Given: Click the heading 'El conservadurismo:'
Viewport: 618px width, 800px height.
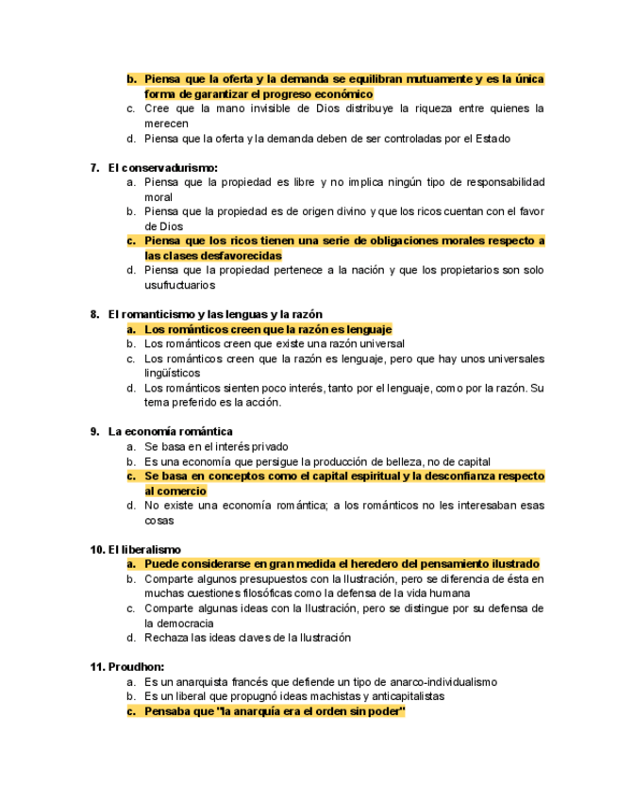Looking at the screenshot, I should tap(162, 167).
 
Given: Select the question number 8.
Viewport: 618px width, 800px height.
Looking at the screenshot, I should tap(94, 314).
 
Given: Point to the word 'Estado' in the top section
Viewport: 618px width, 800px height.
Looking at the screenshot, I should tap(489, 139).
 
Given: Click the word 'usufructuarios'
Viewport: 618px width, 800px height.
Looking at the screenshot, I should tap(179, 285).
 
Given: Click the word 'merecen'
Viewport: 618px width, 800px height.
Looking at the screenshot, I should tap(166, 124).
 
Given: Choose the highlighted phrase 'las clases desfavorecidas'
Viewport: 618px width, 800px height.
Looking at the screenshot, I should tap(212, 256).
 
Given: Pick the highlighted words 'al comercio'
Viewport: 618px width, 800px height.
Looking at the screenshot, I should tap(175, 492).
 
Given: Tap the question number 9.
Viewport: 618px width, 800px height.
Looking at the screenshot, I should tap(94, 431).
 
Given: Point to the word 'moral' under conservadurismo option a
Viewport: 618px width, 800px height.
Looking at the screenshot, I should tap(159, 197).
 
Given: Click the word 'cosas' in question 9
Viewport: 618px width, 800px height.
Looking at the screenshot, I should tap(159, 521).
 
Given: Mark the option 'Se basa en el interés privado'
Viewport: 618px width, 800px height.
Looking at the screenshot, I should tap(216, 446).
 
